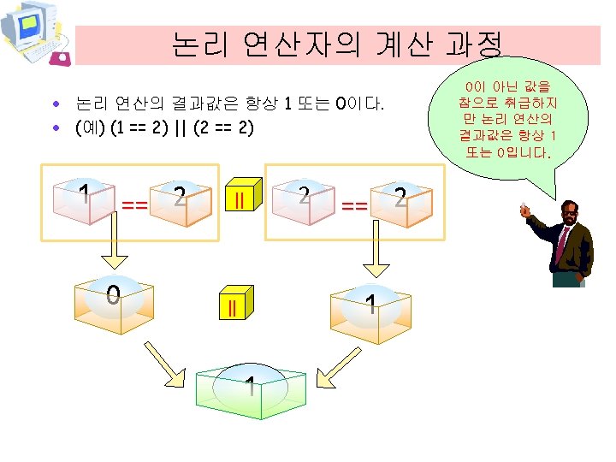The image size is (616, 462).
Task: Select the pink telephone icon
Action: pos(61,57)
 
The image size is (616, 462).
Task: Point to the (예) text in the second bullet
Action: pos(89,129)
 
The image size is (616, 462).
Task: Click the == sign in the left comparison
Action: pos(133,204)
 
